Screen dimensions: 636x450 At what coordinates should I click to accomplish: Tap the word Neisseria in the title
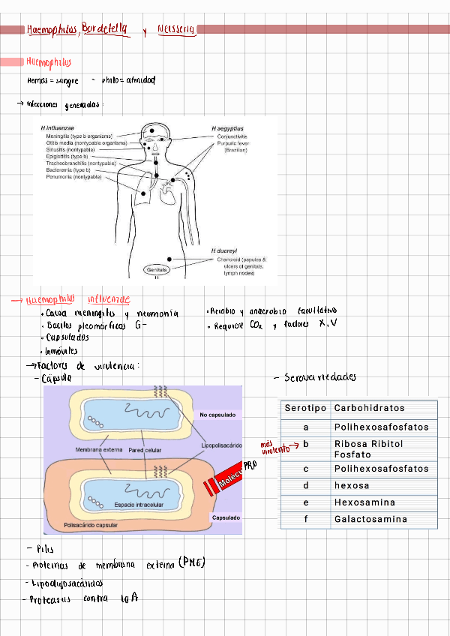[x=176, y=29]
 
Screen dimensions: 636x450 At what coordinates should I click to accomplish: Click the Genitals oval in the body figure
[x=158, y=268]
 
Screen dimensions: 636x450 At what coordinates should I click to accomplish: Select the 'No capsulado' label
[x=217, y=414]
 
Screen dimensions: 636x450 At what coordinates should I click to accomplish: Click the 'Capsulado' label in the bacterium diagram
[x=226, y=517]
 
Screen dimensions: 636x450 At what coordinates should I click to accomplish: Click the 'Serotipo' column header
[x=305, y=409]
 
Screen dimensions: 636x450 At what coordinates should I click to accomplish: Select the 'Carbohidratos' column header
[x=369, y=409]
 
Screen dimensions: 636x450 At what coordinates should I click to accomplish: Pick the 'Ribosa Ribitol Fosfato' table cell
[x=369, y=448]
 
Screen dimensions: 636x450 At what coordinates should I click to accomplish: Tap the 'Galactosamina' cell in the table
[x=370, y=519]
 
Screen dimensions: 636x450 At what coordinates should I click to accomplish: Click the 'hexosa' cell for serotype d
[x=352, y=486]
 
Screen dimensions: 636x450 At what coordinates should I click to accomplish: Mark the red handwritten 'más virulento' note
[x=275, y=447]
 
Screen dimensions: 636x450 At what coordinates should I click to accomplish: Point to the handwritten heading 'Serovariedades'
[x=320, y=377]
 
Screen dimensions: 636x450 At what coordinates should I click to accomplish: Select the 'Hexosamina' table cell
[x=364, y=502]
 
